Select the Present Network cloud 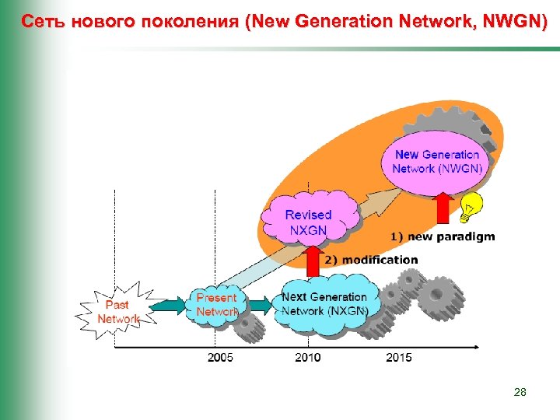coord(215,304)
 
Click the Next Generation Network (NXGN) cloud coord(324,304)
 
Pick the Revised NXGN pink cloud coord(309,220)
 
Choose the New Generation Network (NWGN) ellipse coord(436,161)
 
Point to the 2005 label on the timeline coord(220,358)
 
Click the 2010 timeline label coord(309,358)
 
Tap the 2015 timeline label coord(398,358)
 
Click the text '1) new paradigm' coord(442,236)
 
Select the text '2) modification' coord(371,259)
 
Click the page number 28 coord(520,393)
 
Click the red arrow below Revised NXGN coord(313,261)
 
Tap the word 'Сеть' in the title coord(44,21)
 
